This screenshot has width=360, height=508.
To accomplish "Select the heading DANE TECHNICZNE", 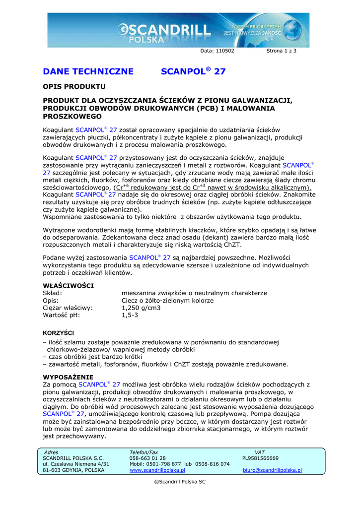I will click(x=88, y=71).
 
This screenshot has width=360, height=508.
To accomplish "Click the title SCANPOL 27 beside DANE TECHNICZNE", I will click(x=194, y=71).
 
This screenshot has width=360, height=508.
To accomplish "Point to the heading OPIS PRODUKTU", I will click(x=74, y=87).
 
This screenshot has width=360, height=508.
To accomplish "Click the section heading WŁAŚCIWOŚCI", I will click(x=69, y=286).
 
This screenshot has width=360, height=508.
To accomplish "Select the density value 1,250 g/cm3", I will click(x=141, y=308).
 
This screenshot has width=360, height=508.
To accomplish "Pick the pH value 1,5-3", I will click(x=130, y=315).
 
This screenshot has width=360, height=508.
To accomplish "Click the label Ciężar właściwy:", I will click(x=68, y=308).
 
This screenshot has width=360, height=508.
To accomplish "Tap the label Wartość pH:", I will click(x=61, y=315).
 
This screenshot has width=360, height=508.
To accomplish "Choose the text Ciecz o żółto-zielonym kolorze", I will click(x=167, y=301).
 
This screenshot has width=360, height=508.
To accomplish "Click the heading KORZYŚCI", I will click(x=59, y=332).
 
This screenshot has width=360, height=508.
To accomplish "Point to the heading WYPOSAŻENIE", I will click(x=68, y=377).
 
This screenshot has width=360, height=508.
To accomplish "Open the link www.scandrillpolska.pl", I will click(x=157, y=470).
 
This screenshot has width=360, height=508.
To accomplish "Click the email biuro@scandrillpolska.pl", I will click(x=272, y=470).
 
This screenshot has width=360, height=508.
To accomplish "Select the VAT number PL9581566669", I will click(x=260, y=458).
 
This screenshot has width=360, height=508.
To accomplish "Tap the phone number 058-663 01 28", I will click(x=147, y=458).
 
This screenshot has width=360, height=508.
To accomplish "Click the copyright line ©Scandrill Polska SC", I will click(x=180, y=482).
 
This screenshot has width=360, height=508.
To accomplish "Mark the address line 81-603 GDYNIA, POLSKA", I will click(x=74, y=470).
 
